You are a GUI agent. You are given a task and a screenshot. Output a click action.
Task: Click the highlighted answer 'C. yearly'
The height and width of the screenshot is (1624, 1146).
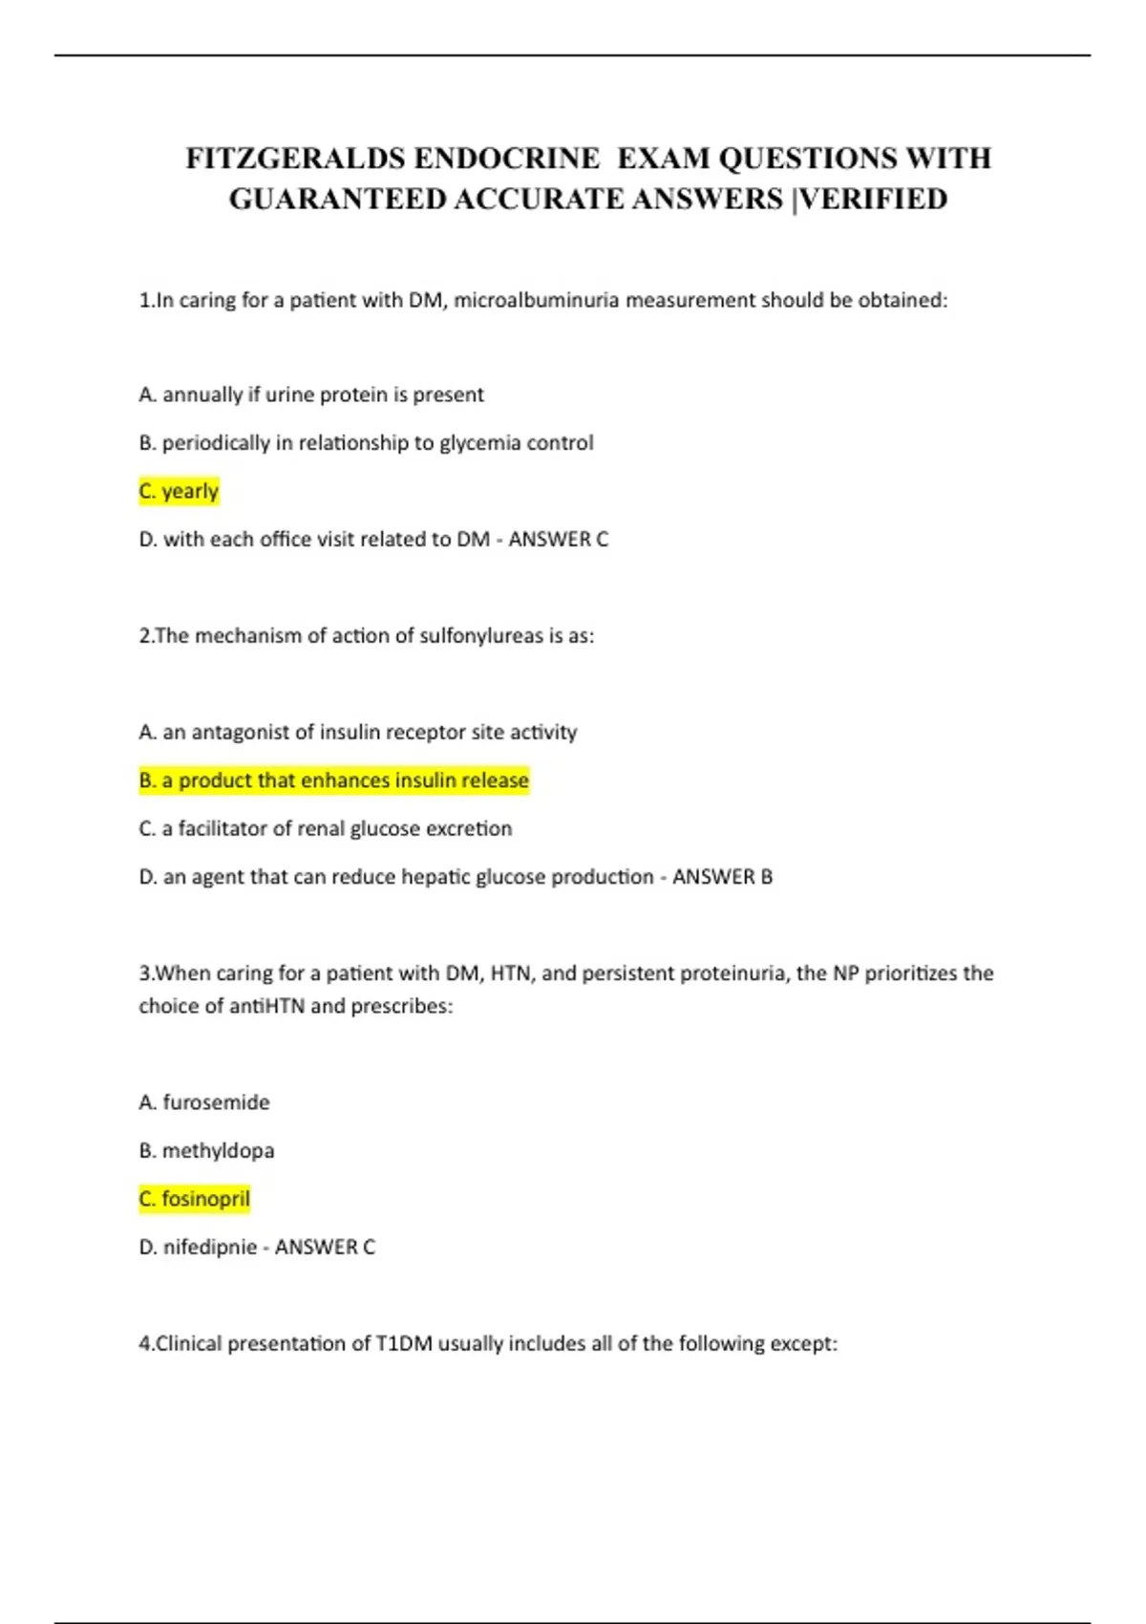179,491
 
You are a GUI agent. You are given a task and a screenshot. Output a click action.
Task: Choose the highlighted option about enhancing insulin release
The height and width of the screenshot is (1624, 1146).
333,780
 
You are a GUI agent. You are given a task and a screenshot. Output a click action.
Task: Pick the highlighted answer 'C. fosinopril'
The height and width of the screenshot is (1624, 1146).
194,1199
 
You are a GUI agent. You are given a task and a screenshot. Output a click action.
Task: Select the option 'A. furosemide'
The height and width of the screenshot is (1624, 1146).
203,1102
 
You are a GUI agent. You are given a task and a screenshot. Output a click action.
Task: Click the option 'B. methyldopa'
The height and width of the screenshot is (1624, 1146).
206,1150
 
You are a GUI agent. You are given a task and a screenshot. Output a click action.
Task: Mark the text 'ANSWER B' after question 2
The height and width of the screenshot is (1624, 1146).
722,877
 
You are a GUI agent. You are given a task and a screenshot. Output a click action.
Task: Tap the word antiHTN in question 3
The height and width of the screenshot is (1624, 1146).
266,1006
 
